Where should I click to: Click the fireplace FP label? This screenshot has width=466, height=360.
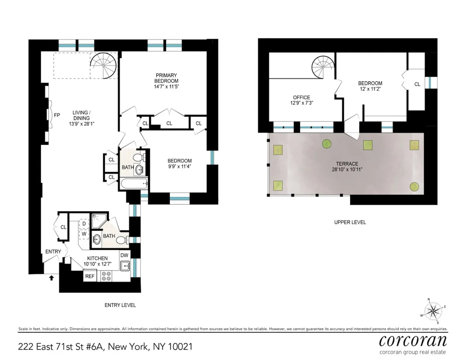point(57,115)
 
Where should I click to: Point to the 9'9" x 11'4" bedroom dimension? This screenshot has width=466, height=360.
point(179,168)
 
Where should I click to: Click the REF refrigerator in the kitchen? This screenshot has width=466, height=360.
point(90,276)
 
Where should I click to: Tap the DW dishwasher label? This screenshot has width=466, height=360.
point(124,255)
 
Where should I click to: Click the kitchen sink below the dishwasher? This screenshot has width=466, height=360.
point(125,267)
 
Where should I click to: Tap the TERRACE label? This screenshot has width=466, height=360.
point(348,164)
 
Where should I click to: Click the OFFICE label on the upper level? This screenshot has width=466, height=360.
point(301,97)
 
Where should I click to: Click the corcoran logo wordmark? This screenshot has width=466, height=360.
point(412,341)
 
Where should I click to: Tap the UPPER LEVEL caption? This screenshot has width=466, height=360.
point(350,222)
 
